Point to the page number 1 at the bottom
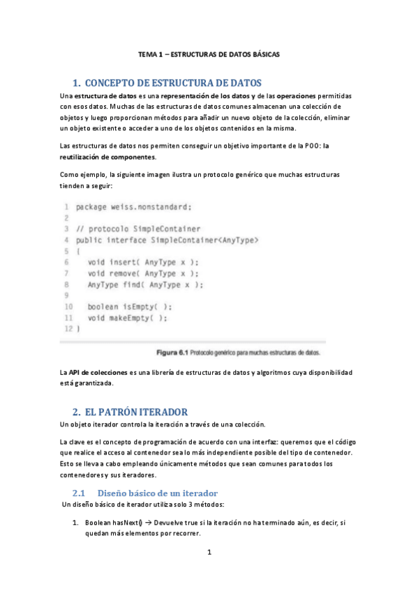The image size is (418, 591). pyautogui.click(x=209, y=553)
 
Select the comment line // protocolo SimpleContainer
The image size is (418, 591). pyautogui.click(x=138, y=229)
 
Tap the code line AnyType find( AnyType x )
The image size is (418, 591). pyautogui.click(x=145, y=284)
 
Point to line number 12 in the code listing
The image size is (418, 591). pyautogui.click(x=68, y=328)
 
